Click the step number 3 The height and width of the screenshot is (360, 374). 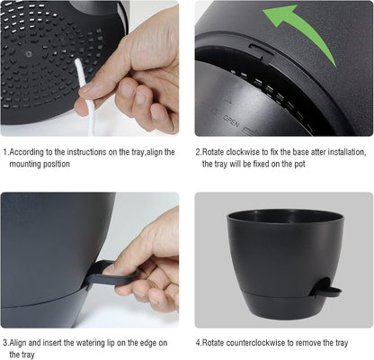[4, 342]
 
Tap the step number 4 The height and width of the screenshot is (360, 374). [198, 342]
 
